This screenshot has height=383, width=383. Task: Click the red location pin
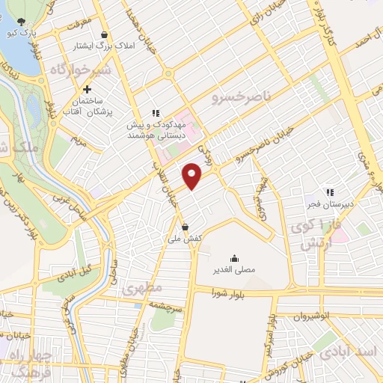(x=193, y=176)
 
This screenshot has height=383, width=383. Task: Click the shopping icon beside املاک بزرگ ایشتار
(x=103, y=35)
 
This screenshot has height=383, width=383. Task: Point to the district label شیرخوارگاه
(x=82, y=70)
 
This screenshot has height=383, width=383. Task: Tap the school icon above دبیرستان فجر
(x=329, y=192)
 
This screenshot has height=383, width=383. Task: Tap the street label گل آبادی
(x=76, y=270)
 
